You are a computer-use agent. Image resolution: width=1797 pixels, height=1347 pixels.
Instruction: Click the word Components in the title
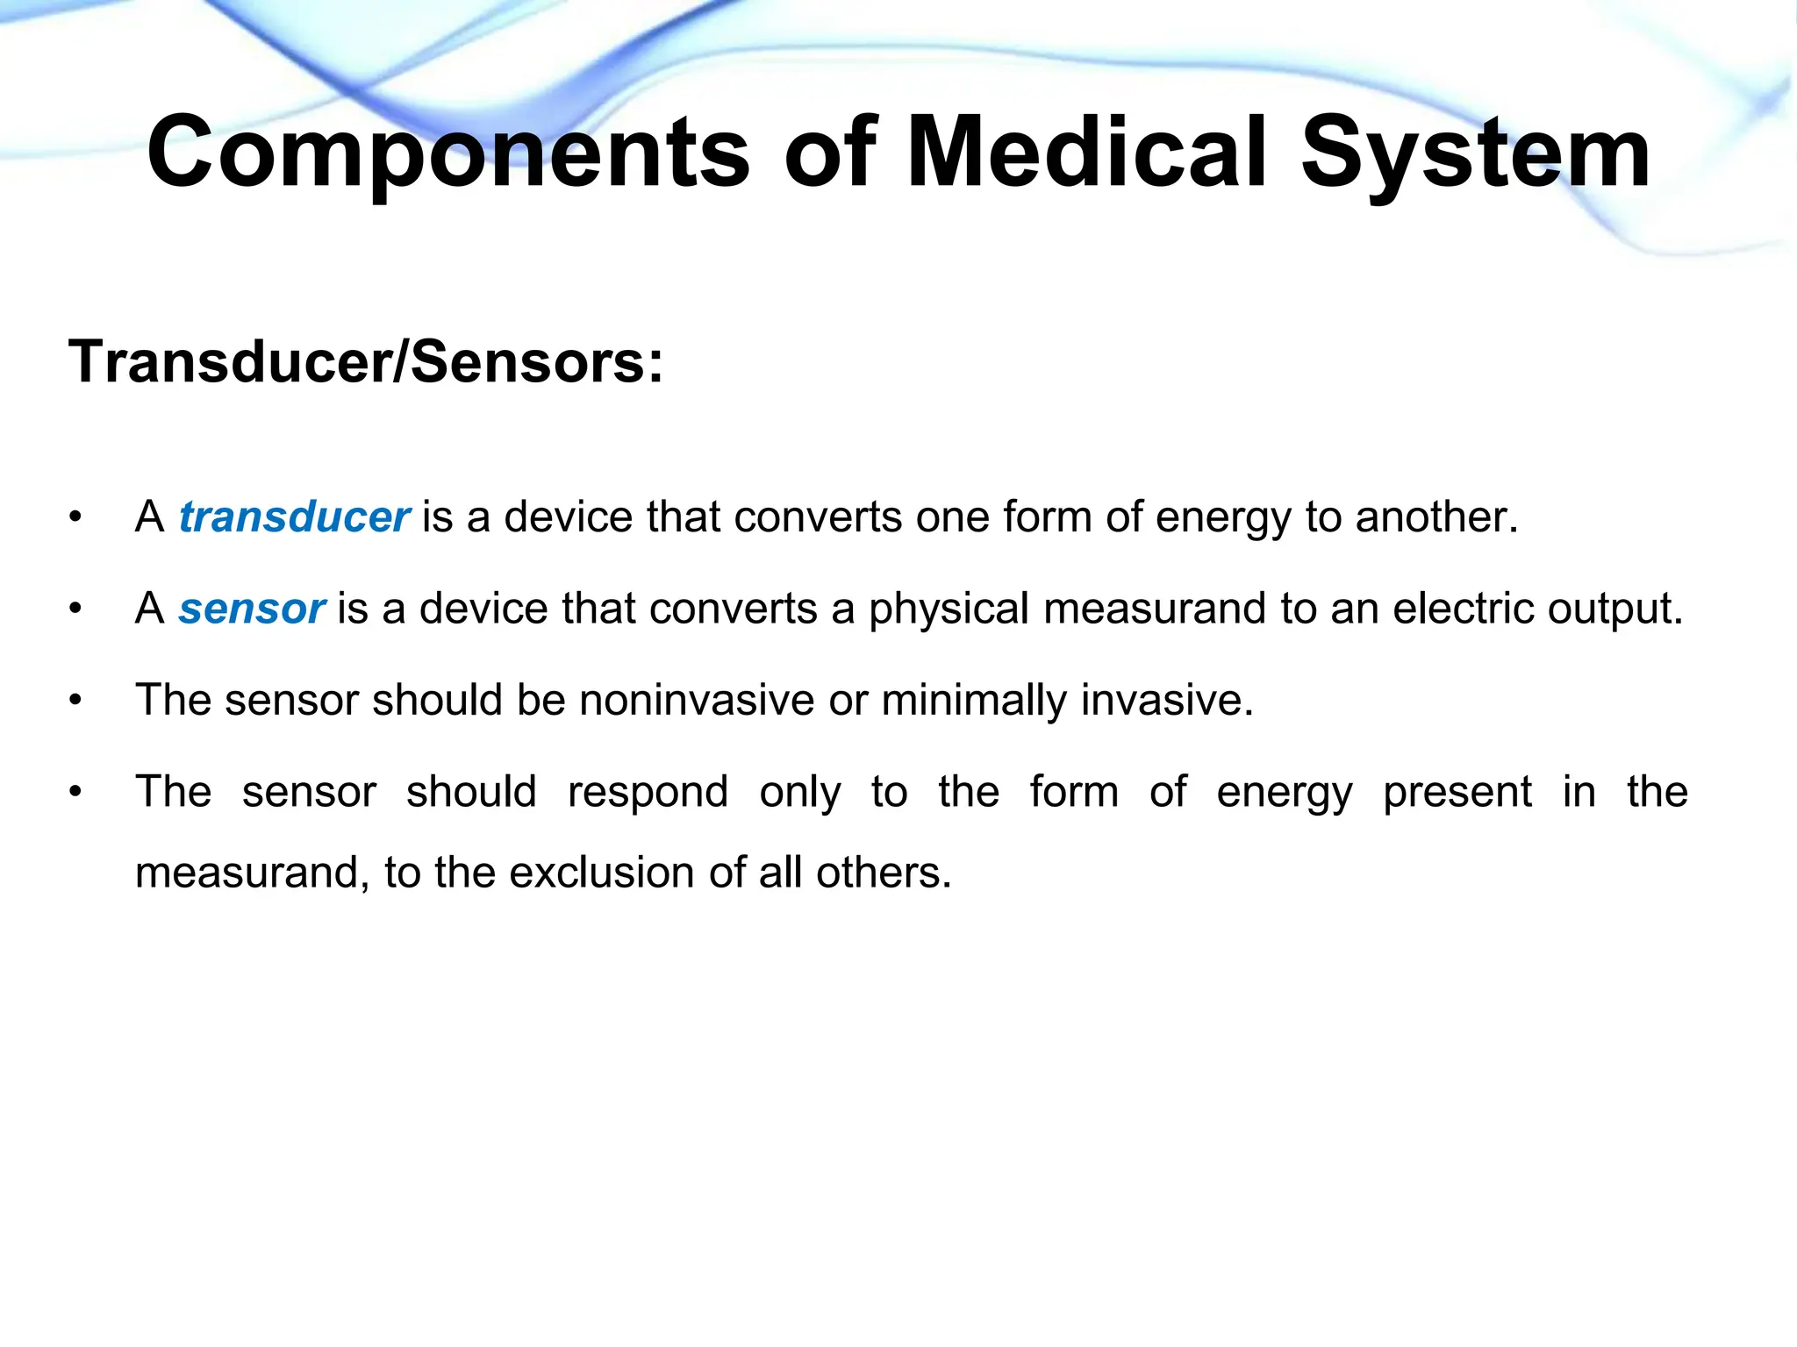[447, 153]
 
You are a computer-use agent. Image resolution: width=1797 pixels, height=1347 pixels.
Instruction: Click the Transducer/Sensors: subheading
[366, 361]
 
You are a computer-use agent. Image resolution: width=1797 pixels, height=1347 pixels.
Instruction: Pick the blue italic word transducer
[294, 517]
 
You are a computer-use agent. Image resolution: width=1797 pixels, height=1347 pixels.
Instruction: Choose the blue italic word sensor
[252, 609]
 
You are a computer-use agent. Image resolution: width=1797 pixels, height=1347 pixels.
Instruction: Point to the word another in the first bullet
[1435, 517]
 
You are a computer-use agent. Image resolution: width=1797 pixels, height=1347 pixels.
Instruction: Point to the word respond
[648, 792]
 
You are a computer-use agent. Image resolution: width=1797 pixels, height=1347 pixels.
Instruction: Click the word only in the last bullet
[800, 792]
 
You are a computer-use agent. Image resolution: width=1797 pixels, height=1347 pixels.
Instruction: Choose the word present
[1457, 792]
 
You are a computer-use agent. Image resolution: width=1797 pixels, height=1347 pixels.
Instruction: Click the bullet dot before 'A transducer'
[76, 517]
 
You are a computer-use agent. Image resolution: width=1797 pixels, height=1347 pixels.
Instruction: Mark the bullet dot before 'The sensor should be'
[76, 701]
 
